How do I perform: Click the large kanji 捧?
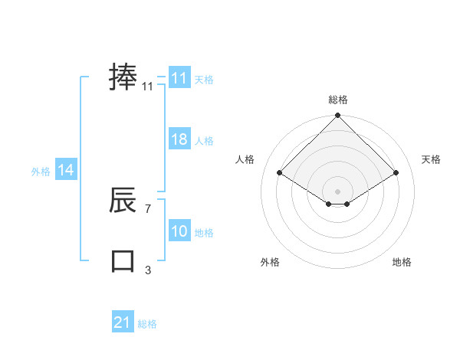pyautogui.click(x=123, y=78)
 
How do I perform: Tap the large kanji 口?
pyautogui.click(x=123, y=260)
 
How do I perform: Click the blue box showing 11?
pyautogui.click(x=179, y=78)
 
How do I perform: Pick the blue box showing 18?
pyautogui.click(x=179, y=139)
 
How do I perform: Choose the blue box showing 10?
pyautogui.click(x=179, y=231)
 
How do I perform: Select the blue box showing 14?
pyautogui.click(x=66, y=170)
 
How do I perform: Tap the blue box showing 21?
pyautogui.click(x=122, y=322)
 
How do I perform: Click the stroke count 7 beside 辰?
pyautogui.click(x=147, y=208)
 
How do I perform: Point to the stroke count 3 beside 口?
pyautogui.click(x=147, y=270)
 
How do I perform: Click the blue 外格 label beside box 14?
pyautogui.click(x=41, y=172)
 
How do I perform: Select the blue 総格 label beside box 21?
pyautogui.click(x=147, y=324)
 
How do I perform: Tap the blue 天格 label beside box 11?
pyautogui.click(x=204, y=80)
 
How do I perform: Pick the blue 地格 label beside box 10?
pyautogui.click(x=204, y=233)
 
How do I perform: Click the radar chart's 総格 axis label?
pyautogui.click(x=337, y=100)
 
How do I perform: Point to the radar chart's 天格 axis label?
pyautogui.click(x=431, y=159)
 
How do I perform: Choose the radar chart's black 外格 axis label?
pyautogui.click(x=270, y=262)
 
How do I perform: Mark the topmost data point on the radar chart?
pyautogui.click(x=337, y=116)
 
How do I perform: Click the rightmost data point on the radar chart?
pyautogui.click(x=396, y=172)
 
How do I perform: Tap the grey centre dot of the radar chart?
pyautogui.click(x=337, y=191)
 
